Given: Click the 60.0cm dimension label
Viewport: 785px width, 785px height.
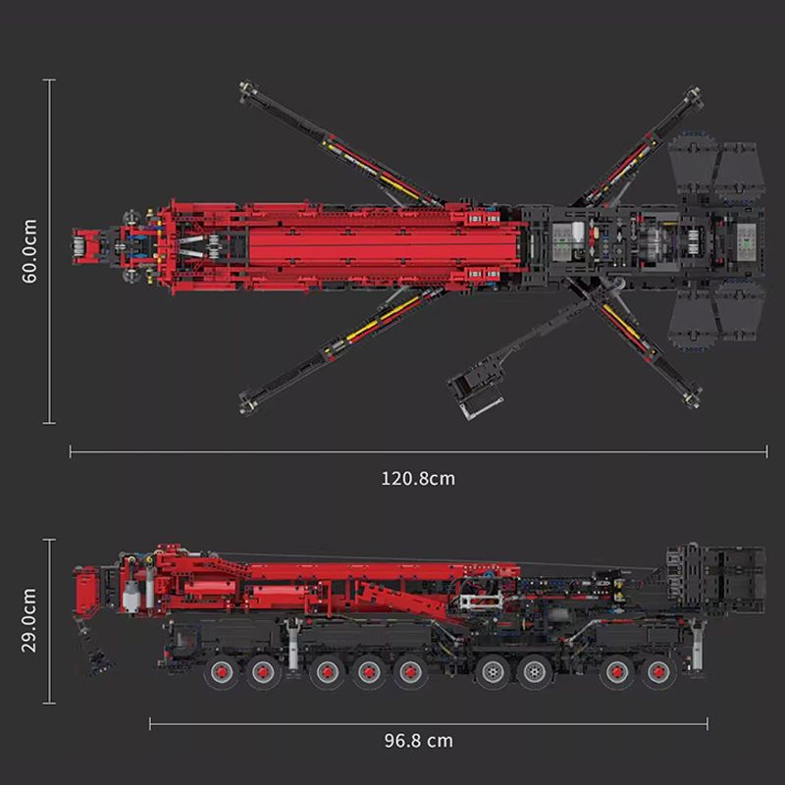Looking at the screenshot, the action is [x=29, y=251].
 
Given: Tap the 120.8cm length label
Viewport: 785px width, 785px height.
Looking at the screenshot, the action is [x=419, y=479].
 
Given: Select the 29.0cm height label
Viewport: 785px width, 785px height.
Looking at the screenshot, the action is [x=29, y=620].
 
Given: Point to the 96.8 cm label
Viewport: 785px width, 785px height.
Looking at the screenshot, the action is [x=419, y=741].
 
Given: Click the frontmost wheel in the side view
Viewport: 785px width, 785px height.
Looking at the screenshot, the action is [x=221, y=672].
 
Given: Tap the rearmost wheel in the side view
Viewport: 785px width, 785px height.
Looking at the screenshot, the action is [x=658, y=672].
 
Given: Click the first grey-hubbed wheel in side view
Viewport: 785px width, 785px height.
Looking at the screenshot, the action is [x=493, y=672].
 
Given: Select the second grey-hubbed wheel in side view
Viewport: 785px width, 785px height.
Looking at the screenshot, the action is [x=534, y=672].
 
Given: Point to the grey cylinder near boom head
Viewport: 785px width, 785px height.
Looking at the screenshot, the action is [x=131, y=596].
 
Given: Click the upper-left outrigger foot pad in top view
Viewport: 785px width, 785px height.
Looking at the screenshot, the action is [x=248, y=90].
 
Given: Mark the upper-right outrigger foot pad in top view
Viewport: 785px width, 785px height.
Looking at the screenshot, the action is [x=693, y=96].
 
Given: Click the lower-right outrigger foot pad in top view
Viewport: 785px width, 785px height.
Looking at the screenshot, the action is [x=692, y=397].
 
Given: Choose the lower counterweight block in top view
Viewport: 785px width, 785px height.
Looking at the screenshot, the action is [x=717, y=315].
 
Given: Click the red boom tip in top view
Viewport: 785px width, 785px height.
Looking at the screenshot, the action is [x=86, y=246].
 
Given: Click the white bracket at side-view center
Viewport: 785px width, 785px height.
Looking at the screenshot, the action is [x=481, y=600].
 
